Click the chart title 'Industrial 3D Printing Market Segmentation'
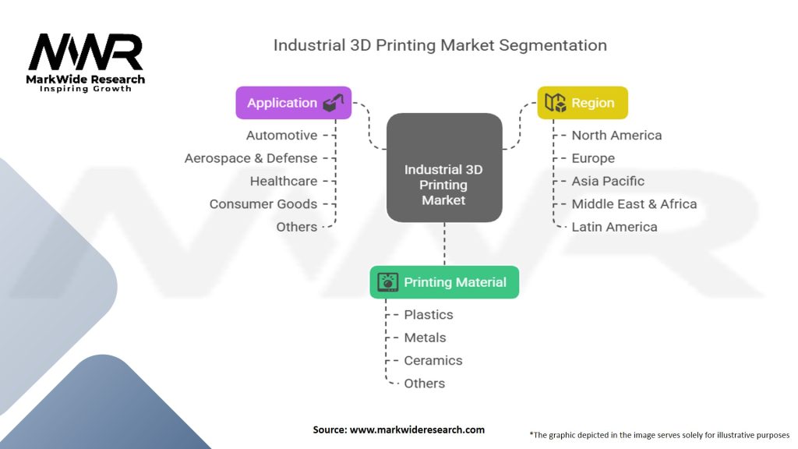click(x=440, y=45)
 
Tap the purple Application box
click(x=293, y=103)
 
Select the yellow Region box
click(x=582, y=103)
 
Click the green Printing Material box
click(x=443, y=282)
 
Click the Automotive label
click(x=281, y=136)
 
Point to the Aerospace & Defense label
click(x=251, y=158)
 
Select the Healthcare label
click(x=284, y=181)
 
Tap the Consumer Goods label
click(x=263, y=204)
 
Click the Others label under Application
click(x=297, y=227)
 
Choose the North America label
click(x=616, y=136)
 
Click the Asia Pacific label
click(x=608, y=181)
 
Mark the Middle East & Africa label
click(x=634, y=204)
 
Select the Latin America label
click(x=614, y=227)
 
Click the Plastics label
click(x=428, y=315)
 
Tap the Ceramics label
click(x=433, y=360)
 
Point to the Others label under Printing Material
click(x=424, y=384)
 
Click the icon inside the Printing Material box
click(x=387, y=282)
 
